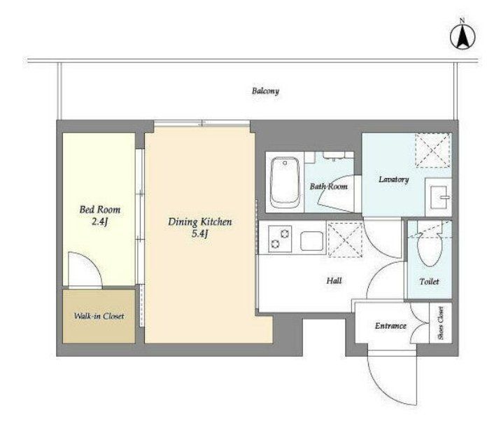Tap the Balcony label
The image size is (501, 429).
pyautogui.click(x=265, y=91)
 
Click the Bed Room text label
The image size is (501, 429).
pyautogui.click(x=99, y=210)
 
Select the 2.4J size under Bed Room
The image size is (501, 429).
pyautogui.click(x=99, y=222)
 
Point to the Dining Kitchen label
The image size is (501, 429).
pyautogui.click(x=199, y=222)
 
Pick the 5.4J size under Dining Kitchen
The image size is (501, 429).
pyautogui.click(x=199, y=234)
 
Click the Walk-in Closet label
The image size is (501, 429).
pyautogui.click(x=99, y=316)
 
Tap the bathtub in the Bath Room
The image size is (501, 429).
pyautogui.click(x=285, y=182)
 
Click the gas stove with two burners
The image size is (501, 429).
pyautogui.click(x=280, y=239)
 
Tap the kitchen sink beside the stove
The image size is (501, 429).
pyautogui.click(x=311, y=240)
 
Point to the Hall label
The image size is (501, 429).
pyautogui.click(x=334, y=281)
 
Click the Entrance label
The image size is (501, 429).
pyautogui.click(x=390, y=326)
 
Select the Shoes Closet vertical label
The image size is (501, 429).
pyautogui.click(x=441, y=323)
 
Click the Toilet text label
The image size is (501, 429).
pyautogui.click(x=429, y=282)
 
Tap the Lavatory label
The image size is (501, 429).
pyautogui.click(x=394, y=179)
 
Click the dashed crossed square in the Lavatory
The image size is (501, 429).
pyautogui.click(x=433, y=150)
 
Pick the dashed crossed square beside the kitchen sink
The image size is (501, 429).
pyautogui.click(x=346, y=240)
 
